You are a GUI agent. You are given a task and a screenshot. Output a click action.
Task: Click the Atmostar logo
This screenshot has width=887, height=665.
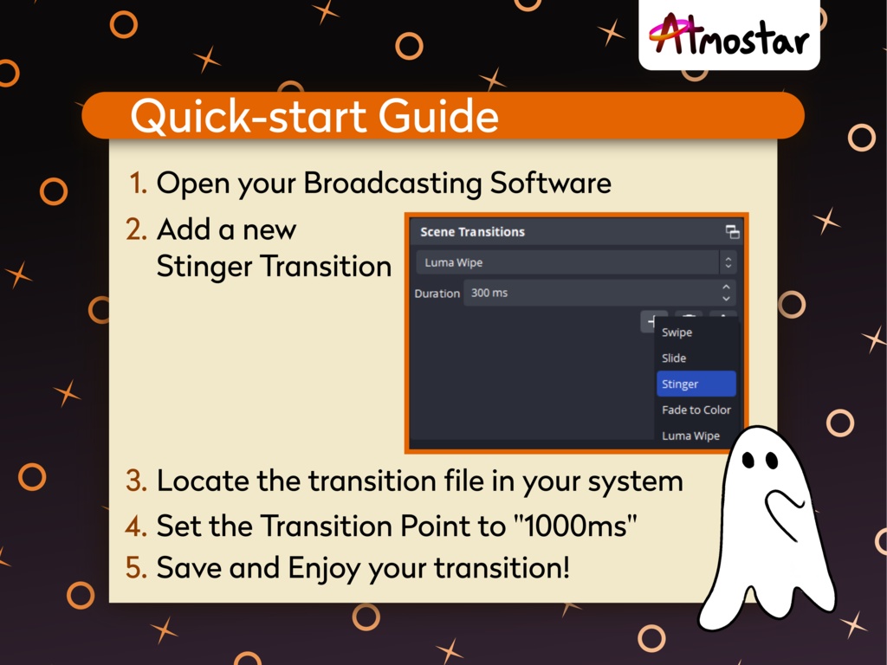pos(728,36)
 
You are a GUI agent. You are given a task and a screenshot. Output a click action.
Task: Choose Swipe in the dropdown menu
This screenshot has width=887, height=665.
pos(677,332)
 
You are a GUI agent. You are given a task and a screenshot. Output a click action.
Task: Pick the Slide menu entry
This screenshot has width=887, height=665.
pos(674,358)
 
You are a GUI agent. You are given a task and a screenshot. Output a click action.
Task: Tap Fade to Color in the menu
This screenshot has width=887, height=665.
pos(696,410)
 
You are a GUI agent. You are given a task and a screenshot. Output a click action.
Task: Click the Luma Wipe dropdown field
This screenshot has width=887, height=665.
pos(567,262)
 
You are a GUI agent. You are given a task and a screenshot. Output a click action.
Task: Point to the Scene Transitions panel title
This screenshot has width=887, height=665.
pos(472,232)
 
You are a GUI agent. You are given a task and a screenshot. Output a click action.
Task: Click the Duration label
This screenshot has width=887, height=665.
pos(437,294)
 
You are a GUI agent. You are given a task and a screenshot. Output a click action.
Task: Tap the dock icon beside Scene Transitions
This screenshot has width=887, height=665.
pos(732,232)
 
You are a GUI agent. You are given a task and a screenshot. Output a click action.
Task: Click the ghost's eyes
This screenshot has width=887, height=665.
pos(759,461)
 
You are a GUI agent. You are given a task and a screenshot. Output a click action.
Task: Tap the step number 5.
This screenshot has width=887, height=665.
pos(136,568)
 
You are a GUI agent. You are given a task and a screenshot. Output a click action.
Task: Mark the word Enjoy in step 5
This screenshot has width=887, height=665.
pos(325,569)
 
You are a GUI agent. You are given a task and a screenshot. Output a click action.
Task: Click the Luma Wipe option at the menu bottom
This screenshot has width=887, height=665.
pos(690,436)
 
